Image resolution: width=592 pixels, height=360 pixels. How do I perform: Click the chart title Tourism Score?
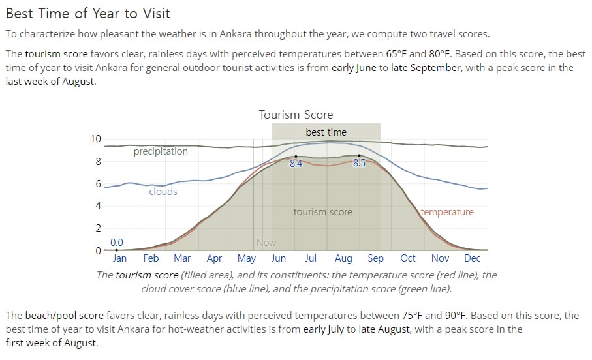click(296, 115)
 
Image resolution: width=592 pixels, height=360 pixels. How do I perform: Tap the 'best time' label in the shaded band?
click(326, 132)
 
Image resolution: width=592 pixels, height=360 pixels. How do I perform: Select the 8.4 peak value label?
click(296, 164)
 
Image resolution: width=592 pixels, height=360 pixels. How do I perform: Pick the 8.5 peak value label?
click(359, 163)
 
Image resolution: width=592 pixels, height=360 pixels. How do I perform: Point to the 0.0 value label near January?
click(117, 242)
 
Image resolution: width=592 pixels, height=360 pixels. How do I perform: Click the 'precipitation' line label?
click(161, 151)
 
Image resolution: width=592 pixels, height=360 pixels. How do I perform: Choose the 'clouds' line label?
click(163, 191)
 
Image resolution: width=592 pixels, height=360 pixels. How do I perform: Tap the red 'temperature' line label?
click(447, 212)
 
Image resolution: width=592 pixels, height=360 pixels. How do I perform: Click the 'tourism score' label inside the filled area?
click(323, 212)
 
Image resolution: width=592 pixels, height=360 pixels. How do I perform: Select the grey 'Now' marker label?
click(266, 242)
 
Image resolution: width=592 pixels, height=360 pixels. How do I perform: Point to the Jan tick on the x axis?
click(119, 258)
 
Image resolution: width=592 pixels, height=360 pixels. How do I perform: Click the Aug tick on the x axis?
click(343, 258)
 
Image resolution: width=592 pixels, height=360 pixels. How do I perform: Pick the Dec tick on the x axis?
click(472, 258)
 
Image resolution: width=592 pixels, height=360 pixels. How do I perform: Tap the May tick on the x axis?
click(247, 258)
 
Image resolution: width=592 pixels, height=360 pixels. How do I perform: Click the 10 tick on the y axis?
click(95, 139)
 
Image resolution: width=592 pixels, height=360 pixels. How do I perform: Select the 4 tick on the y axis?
click(98, 205)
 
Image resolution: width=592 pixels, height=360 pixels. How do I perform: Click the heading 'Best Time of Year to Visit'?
click(88, 14)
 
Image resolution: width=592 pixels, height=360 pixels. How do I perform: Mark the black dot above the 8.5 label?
click(359, 155)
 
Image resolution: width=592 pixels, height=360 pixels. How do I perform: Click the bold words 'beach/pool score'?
click(64, 316)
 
